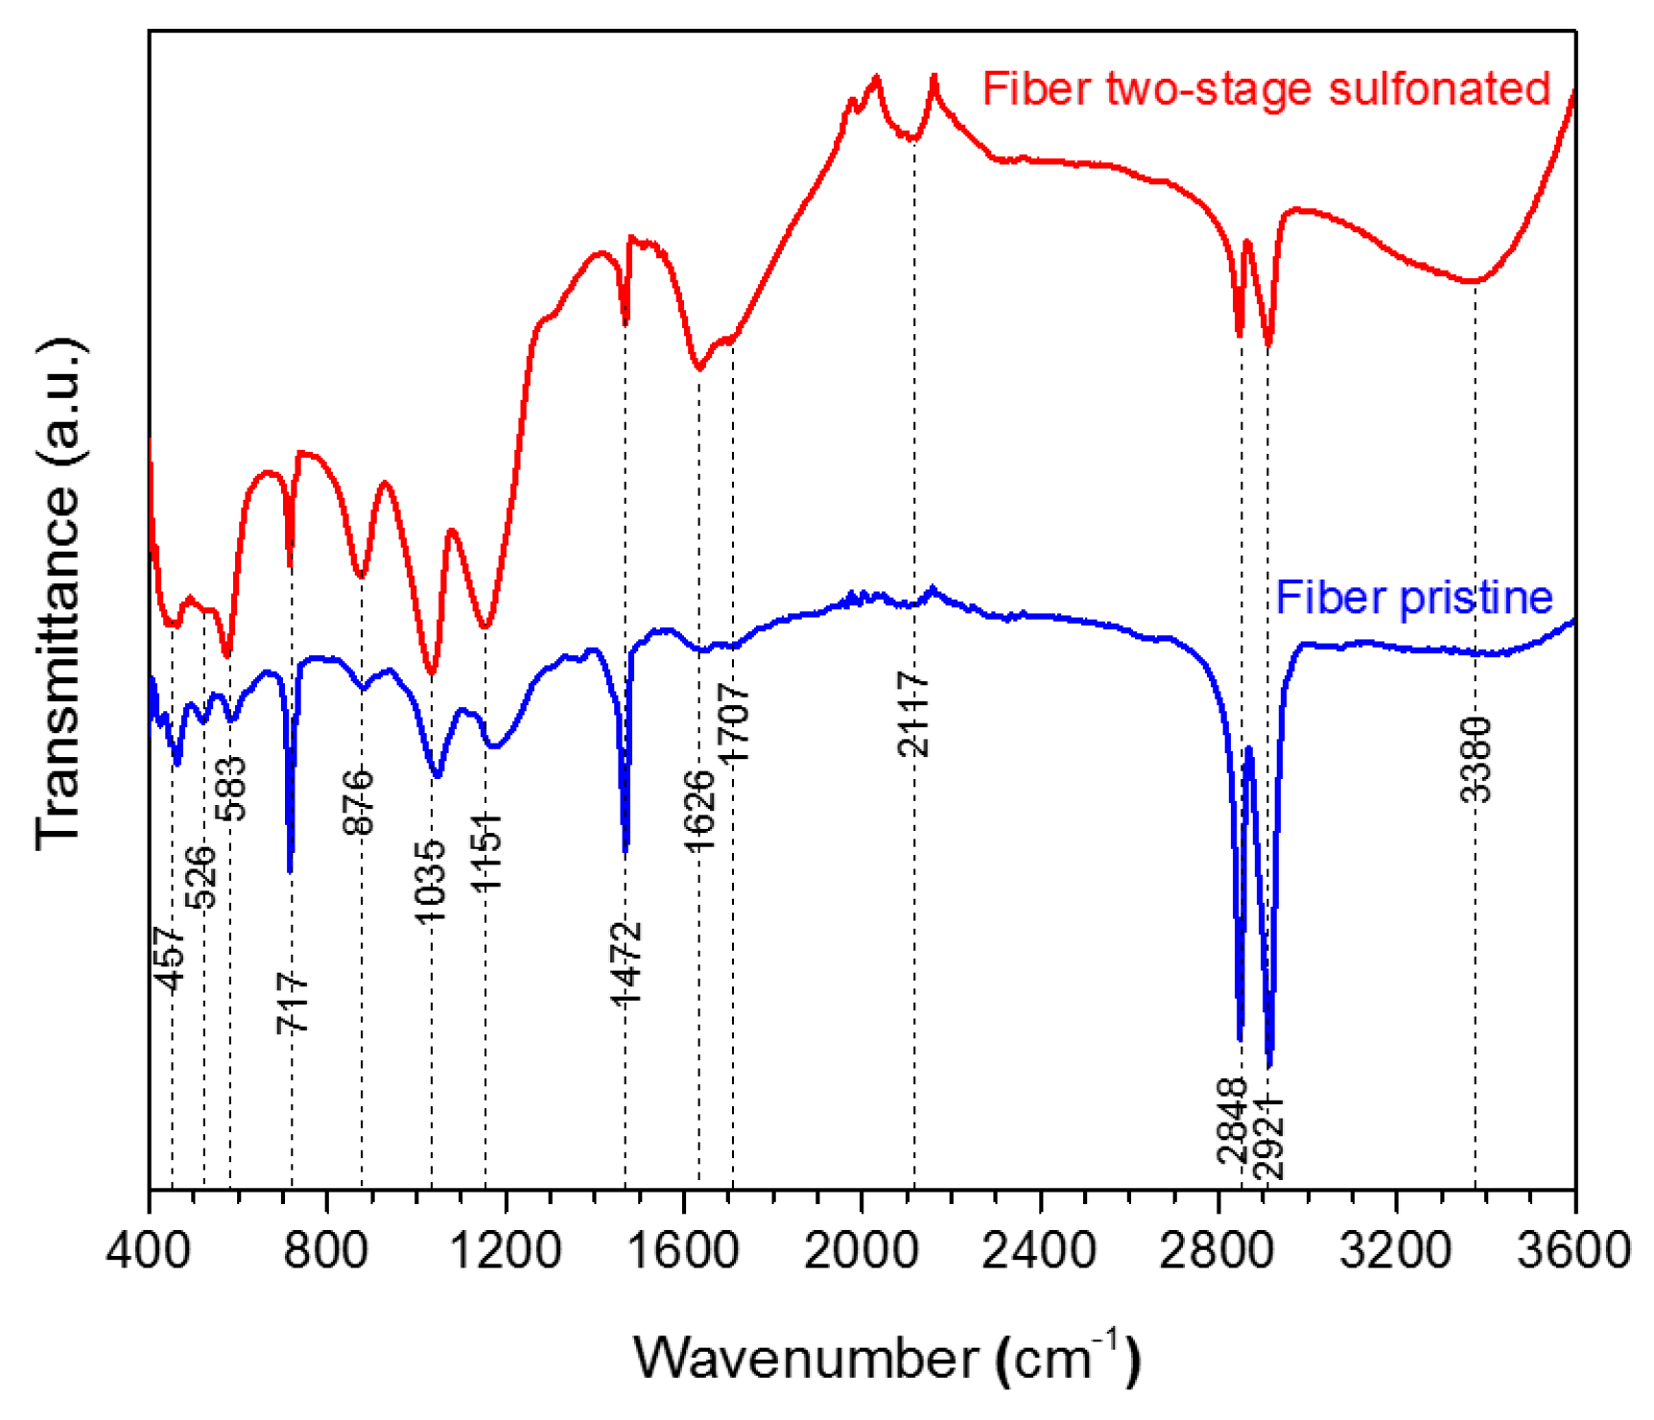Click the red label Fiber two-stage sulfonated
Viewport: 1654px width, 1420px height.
pyautogui.click(x=1265, y=89)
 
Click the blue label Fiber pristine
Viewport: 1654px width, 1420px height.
pyautogui.click(x=1413, y=598)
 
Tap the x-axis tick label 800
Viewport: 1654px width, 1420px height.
pyautogui.click(x=327, y=1251)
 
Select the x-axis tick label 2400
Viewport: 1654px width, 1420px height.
pyautogui.click(x=1039, y=1251)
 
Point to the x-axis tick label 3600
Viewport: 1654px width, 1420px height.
pyautogui.click(x=1573, y=1251)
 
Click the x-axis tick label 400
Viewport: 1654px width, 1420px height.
pyautogui.click(x=150, y=1251)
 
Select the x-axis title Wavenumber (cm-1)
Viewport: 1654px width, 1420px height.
pyautogui.click(x=886, y=1357)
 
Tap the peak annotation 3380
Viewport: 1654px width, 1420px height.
pyautogui.click(x=1476, y=759)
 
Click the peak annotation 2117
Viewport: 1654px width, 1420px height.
pyautogui.click(x=914, y=715)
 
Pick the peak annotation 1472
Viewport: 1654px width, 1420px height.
pyautogui.click(x=626, y=963)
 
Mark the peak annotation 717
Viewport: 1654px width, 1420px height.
pyautogui.click(x=293, y=1002)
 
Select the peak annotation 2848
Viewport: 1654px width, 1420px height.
pyautogui.click(x=1232, y=1121)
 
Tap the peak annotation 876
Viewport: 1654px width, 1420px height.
pyautogui.click(x=359, y=802)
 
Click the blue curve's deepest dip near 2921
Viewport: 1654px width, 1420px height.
pyautogui.click(x=1269, y=1063)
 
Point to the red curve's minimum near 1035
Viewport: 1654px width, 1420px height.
pyautogui.click(x=432, y=673)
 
